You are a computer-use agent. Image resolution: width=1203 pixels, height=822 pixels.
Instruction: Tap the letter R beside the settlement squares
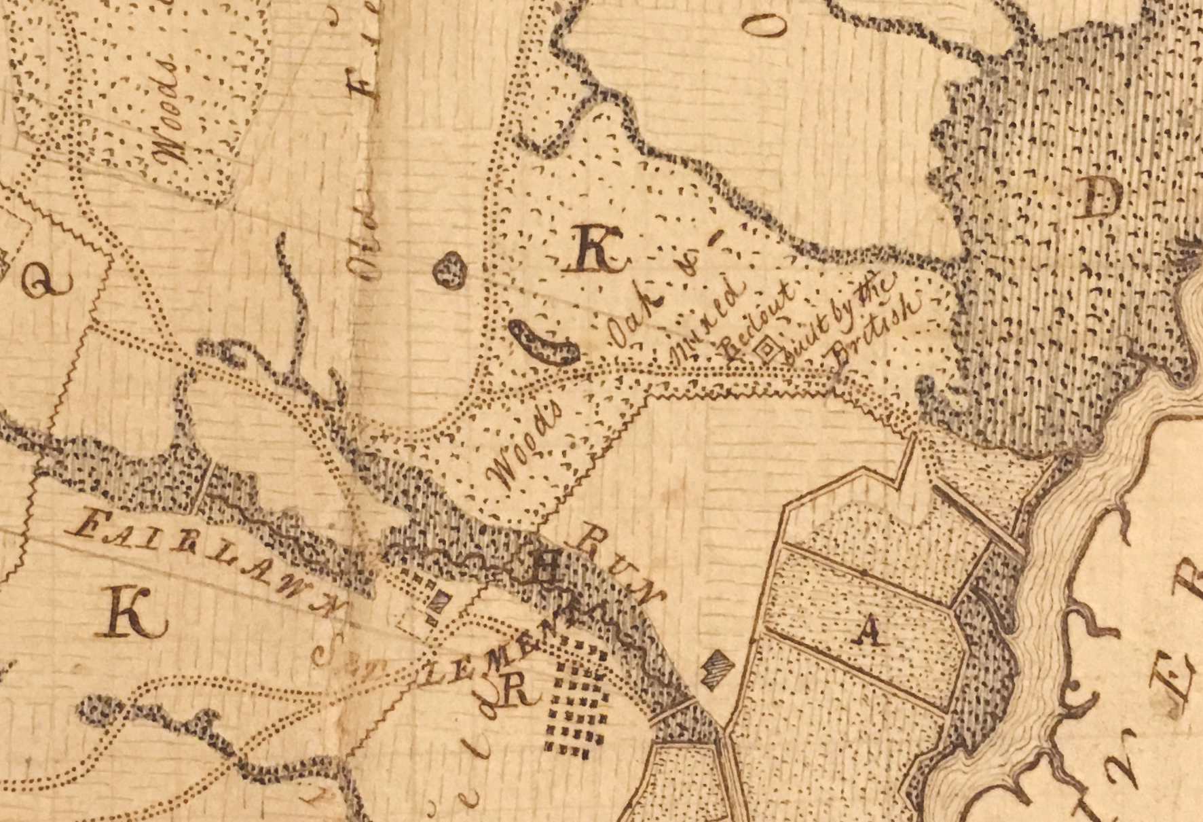point(517,692)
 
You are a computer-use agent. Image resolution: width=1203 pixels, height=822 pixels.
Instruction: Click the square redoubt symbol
point(766,349)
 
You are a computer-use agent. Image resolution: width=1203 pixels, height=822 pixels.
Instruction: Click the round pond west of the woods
point(450,270)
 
